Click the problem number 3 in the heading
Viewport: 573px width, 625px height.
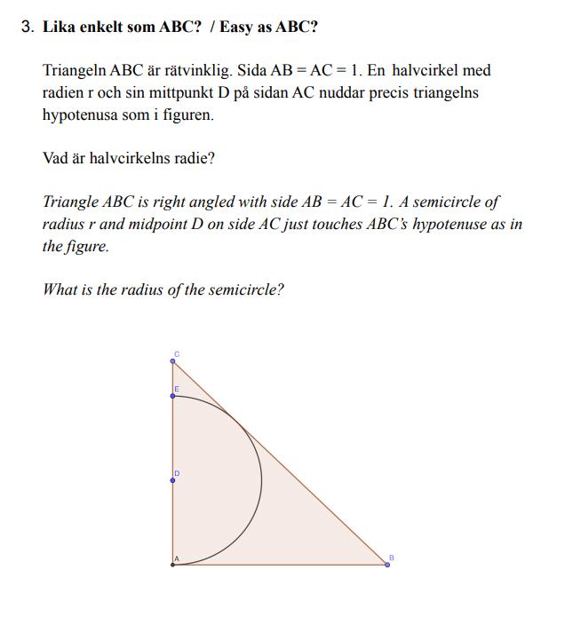(26, 28)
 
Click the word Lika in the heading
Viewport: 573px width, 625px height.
(59, 28)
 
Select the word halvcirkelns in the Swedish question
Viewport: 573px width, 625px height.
(133, 159)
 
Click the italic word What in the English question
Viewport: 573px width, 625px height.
(60, 290)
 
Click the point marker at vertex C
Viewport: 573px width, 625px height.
(172, 361)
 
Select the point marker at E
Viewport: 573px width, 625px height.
(172, 396)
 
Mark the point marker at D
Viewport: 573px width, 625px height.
(172, 481)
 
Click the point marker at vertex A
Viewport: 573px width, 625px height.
(172, 564)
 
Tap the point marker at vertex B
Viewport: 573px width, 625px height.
(386, 564)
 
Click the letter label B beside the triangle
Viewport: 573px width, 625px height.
(391, 557)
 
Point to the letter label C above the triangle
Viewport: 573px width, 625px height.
(177, 354)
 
